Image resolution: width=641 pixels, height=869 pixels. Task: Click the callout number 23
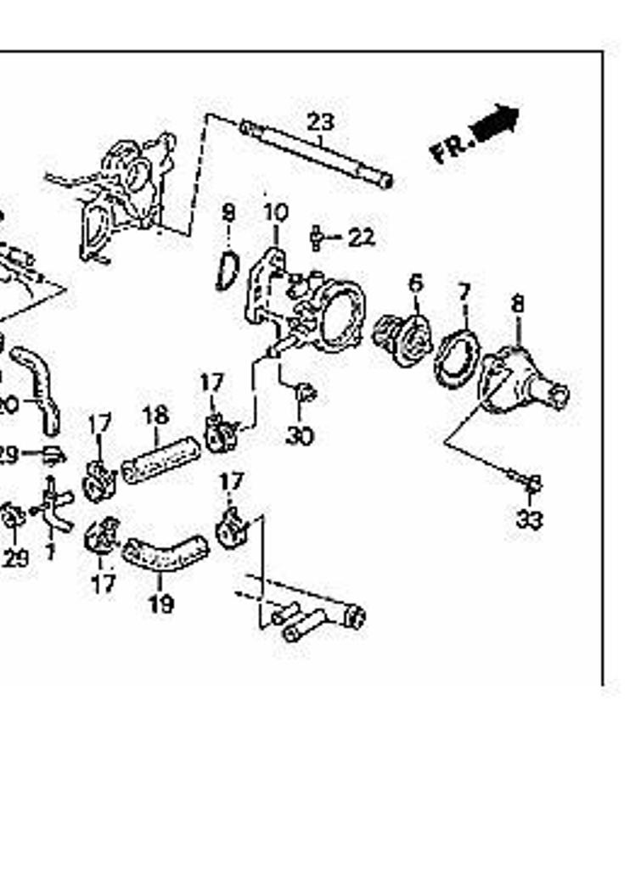point(321,122)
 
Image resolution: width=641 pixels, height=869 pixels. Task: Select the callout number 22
point(361,237)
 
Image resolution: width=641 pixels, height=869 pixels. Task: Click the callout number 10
point(276,212)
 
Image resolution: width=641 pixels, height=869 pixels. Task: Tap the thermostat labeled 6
point(402,337)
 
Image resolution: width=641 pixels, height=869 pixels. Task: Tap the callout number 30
point(299,436)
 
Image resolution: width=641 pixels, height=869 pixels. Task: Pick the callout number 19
point(160,604)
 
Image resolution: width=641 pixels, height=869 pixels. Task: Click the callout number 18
point(155,416)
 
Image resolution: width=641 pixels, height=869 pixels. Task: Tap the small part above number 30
point(304,394)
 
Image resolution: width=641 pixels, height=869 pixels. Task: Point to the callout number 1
point(49,553)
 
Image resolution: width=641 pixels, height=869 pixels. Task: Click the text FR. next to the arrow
point(450,150)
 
